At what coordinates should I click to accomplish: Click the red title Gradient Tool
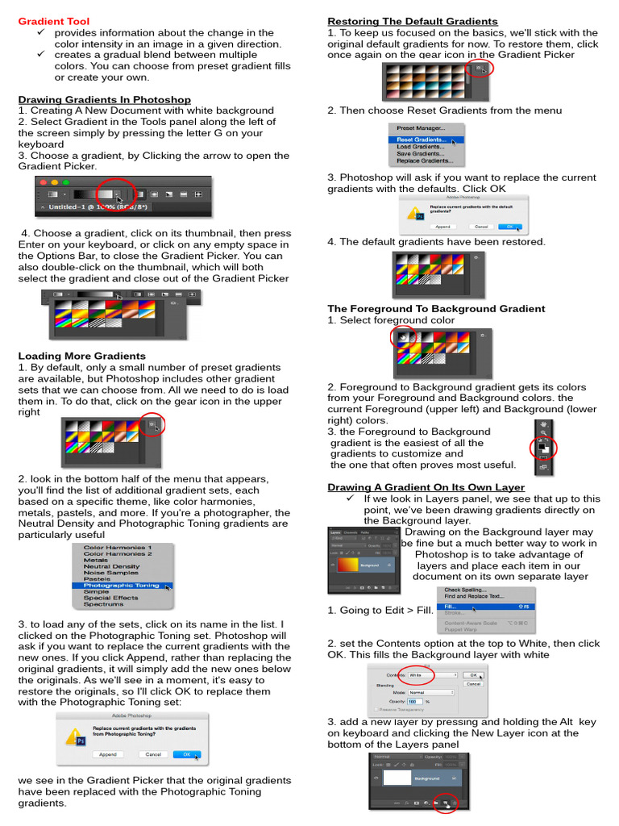point(48,20)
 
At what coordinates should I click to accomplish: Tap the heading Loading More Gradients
point(81,355)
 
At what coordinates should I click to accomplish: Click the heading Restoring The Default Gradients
point(412,21)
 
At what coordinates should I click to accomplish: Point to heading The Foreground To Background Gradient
point(436,308)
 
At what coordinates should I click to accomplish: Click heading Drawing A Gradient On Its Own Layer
point(426,487)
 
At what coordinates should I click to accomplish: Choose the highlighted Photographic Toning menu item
point(121,586)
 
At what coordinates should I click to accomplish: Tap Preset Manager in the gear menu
point(420,128)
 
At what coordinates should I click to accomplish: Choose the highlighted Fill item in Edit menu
point(451,605)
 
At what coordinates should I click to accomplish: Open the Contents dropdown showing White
point(432,674)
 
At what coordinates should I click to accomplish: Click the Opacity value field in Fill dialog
point(416,702)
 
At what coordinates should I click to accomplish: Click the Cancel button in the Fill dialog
point(473,683)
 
